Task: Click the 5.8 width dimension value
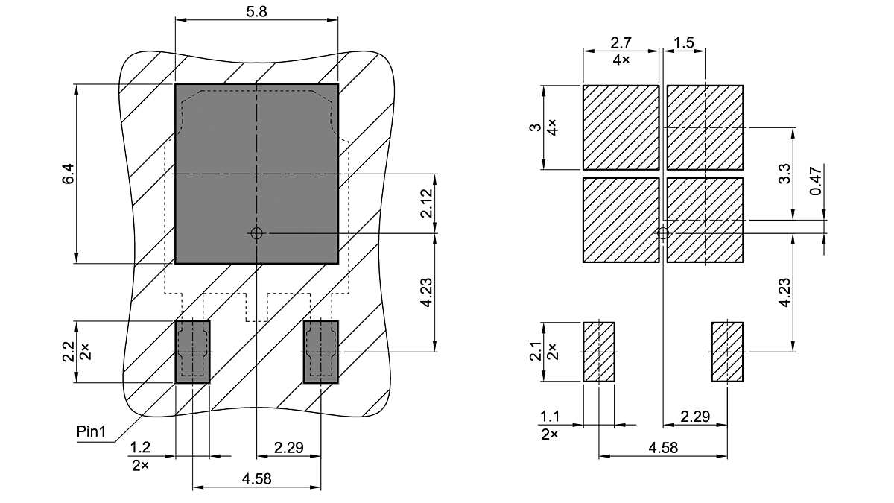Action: click(x=256, y=13)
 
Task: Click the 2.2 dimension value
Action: click(x=68, y=352)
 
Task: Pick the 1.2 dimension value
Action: click(x=140, y=447)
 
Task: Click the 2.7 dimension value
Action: click(x=621, y=42)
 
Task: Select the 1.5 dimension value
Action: click(x=683, y=42)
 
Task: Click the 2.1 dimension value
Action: click(x=534, y=352)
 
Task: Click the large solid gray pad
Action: click(x=256, y=174)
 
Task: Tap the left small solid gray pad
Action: click(x=192, y=352)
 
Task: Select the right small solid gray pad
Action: click(x=320, y=352)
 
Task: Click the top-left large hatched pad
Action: click(x=621, y=127)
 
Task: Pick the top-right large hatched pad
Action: click(x=705, y=127)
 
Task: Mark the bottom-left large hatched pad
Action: click(x=621, y=220)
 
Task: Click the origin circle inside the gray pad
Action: click(x=256, y=233)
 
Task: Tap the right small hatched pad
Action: click(x=727, y=352)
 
